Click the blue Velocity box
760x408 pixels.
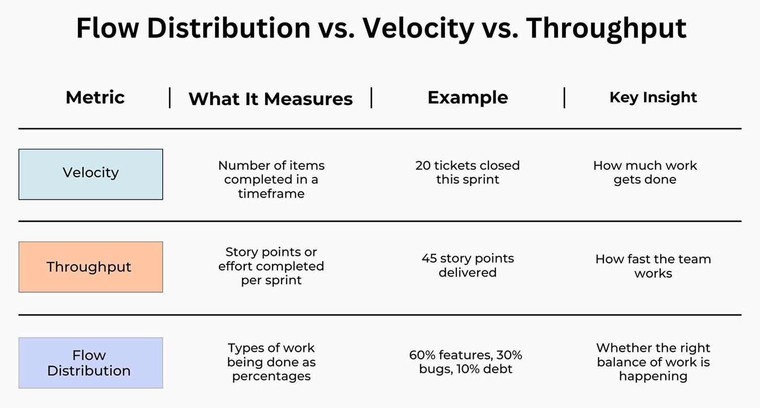[91, 174]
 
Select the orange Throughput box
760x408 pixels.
[91, 267]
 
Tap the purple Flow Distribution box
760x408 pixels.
[91, 363]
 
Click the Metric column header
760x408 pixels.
[95, 97]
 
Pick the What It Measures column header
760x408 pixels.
[271, 98]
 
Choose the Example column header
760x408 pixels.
[468, 97]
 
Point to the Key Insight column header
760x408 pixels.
[653, 97]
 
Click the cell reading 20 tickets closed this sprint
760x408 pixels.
[468, 173]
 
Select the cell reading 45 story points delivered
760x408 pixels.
[468, 265]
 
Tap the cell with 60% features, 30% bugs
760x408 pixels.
[466, 362]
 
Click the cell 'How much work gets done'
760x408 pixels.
[645, 173]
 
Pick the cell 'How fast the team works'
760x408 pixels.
[653, 266]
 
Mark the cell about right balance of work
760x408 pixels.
[653, 362]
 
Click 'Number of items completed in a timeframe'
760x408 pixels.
[271, 180]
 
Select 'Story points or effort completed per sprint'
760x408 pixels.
[271, 266]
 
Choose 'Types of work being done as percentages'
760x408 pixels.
[271, 362]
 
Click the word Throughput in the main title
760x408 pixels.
[606, 28]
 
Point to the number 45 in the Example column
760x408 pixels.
[429, 258]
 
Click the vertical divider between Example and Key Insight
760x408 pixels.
[564, 97]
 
